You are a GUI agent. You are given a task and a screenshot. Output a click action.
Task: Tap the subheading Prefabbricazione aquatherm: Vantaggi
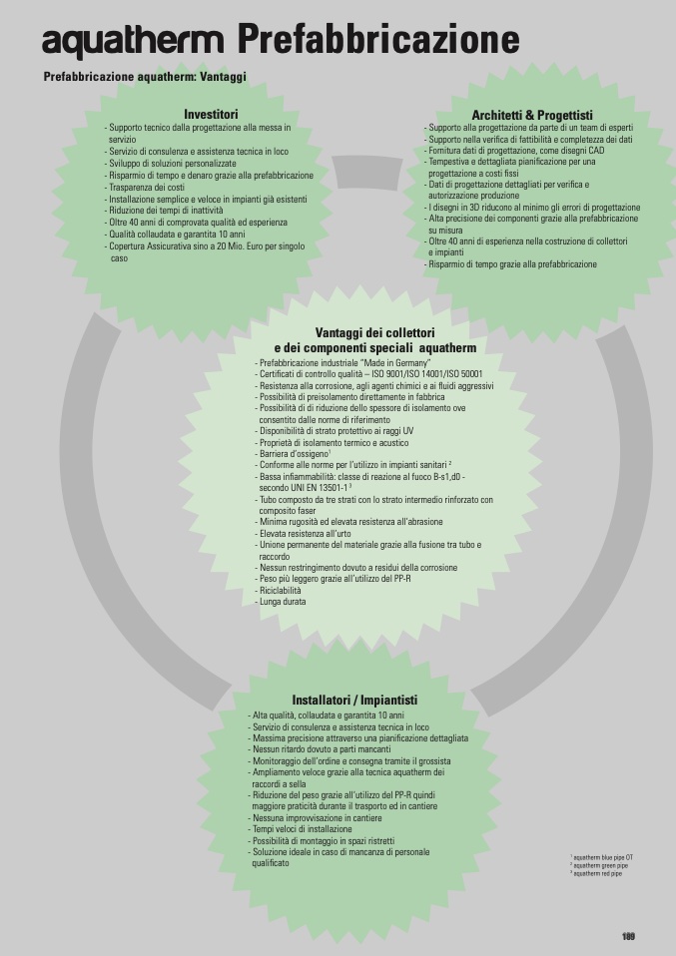(x=145, y=77)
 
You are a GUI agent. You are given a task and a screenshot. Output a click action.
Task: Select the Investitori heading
(x=211, y=114)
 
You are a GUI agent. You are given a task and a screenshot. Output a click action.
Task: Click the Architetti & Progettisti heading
(x=531, y=115)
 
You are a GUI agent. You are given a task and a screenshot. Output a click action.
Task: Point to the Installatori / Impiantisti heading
(x=354, y=701)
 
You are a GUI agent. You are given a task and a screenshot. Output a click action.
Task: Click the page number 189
(x=628, y=936)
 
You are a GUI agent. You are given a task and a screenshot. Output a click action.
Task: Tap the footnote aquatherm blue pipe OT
(x=602, y=857)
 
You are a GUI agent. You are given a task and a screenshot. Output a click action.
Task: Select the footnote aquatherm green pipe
(x=600, y=865)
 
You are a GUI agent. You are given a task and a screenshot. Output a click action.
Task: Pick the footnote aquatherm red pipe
(x=598, y=873)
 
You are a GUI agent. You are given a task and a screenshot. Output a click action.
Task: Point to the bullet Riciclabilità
(x=281, y=590)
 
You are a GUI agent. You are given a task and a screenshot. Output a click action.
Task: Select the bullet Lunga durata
(x=282, y=602)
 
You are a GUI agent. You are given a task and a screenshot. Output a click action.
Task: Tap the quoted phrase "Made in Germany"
(x=397, y=362)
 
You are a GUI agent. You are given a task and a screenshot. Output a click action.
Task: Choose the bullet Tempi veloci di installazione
(x=301, y=829)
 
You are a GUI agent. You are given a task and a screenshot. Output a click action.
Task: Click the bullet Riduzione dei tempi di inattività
(x=165, y=211)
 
